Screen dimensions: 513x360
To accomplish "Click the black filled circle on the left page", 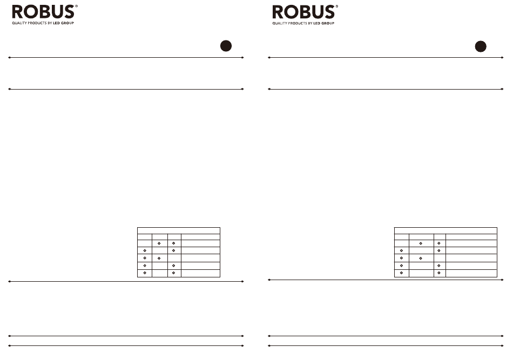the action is click(x=226, y=46).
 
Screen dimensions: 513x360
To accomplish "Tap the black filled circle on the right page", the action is click(x=481, y=46).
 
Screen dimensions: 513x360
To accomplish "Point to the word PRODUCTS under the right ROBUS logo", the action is click(x=298, y=23).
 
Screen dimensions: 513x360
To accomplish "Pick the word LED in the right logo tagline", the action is click(x=316, y=23).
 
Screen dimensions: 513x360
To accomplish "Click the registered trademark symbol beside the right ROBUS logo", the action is click(x=337, y=6).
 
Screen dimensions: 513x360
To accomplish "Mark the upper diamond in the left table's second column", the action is click(x=160, y=243).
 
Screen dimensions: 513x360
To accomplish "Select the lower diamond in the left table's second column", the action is click(x=160, y=259).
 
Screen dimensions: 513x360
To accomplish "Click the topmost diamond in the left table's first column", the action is click(x=145, y=251).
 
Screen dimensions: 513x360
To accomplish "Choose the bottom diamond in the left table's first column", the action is click(x=145, y=273).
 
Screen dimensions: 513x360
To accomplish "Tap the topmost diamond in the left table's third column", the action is click(x=173, y=243).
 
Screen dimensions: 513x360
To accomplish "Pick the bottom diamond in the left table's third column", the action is click(x=173, y=273).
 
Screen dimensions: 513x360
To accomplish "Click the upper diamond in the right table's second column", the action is click(x=421, y=243).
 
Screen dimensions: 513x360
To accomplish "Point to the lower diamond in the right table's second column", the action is click(x=421, y=259).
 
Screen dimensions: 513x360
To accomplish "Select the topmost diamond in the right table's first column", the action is click(x=401, y=251).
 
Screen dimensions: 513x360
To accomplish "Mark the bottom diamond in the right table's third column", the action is click(x=439, y=273).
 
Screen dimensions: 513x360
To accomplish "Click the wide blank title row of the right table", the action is click(x=446, y=230).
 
